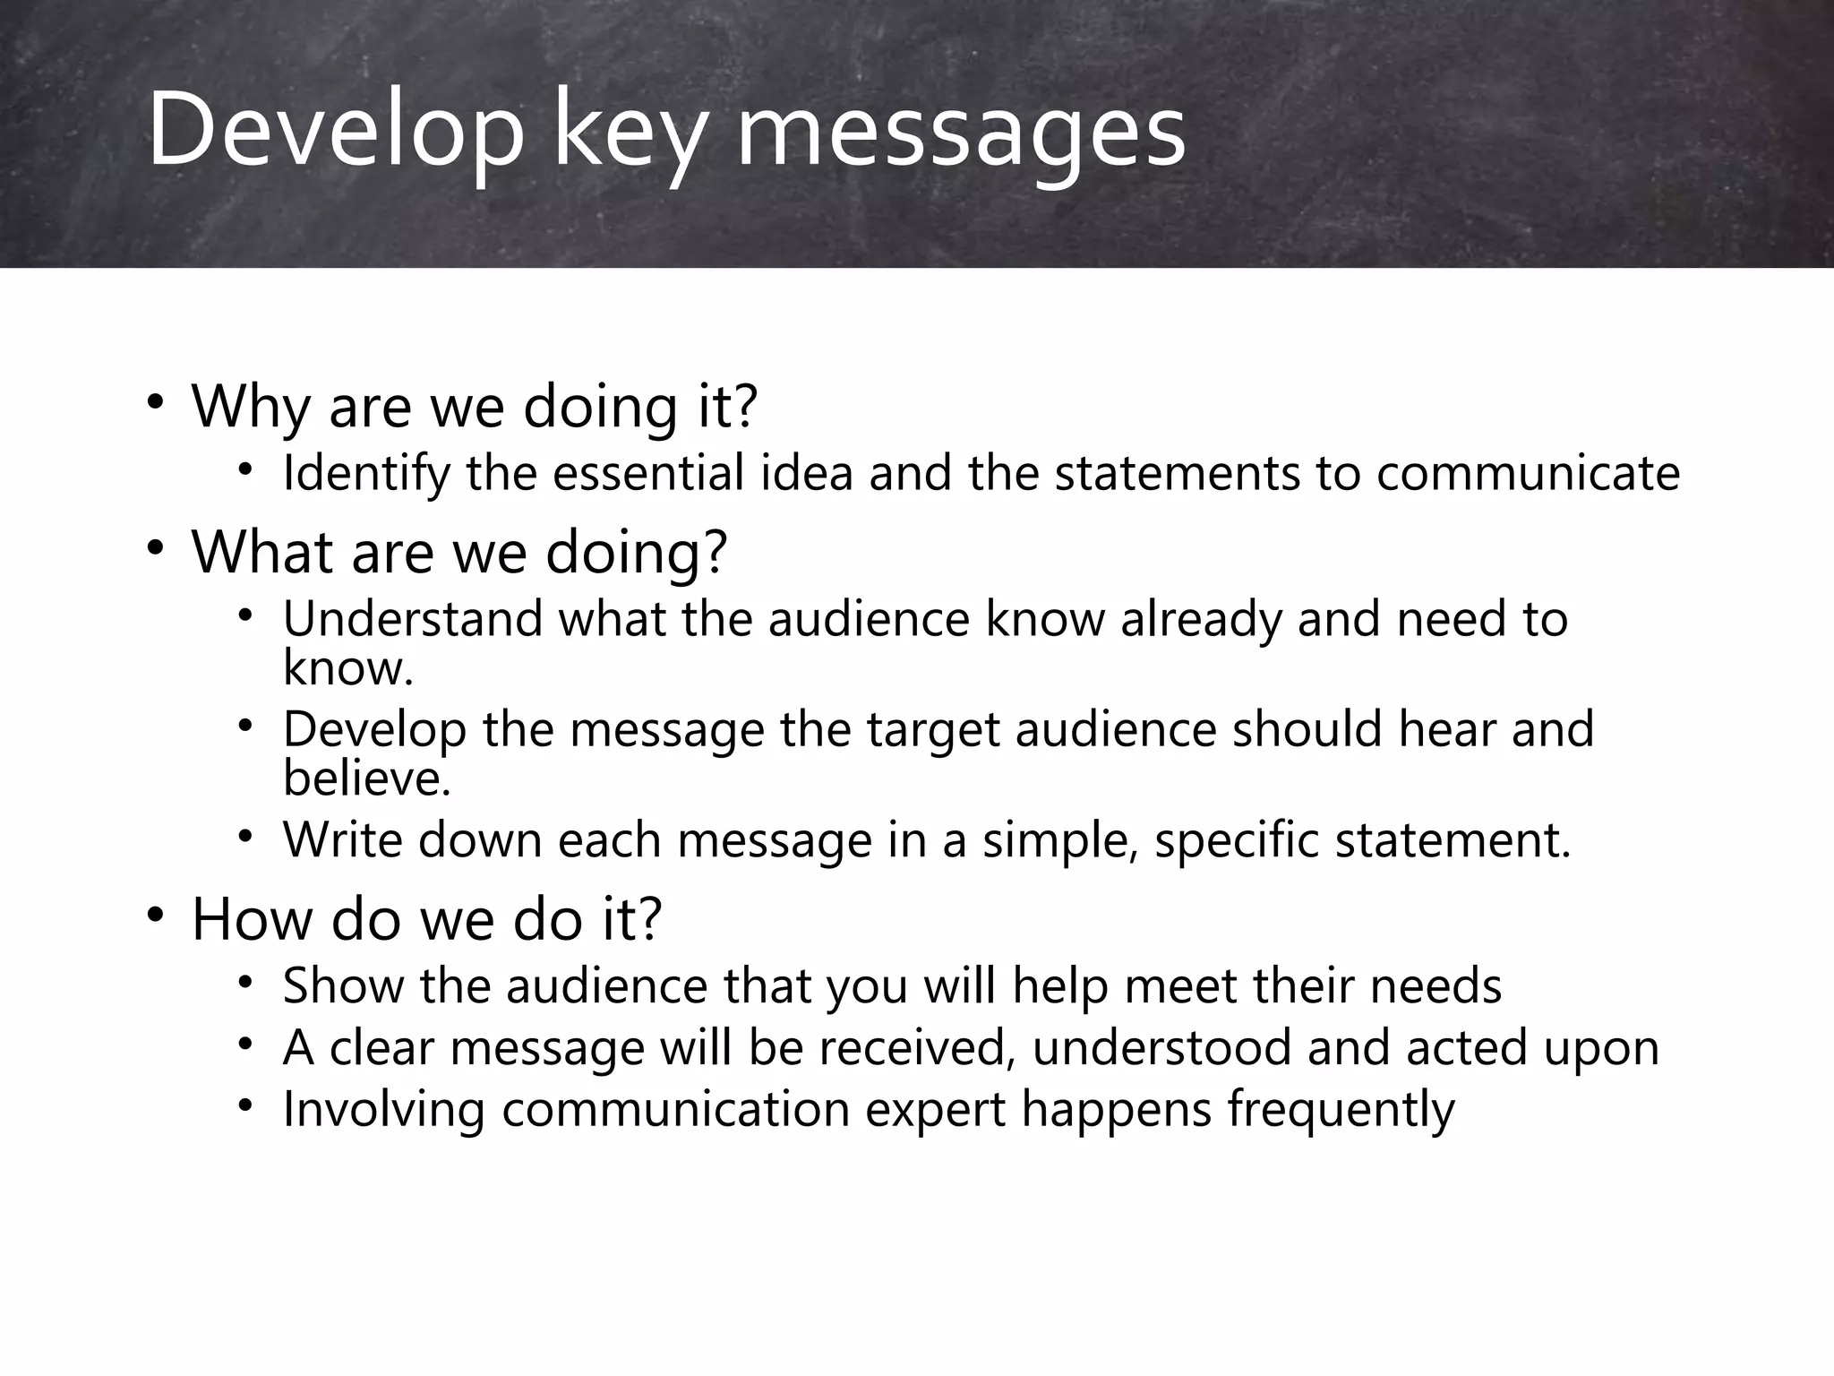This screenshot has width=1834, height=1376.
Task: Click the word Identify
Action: (x=365, y=473)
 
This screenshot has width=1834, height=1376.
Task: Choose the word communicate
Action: (x=1528, y=473)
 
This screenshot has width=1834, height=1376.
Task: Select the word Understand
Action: (x=413, y=619)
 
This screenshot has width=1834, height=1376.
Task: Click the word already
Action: (x=1201, y=619)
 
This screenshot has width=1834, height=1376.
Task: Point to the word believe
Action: (x=366, y=778)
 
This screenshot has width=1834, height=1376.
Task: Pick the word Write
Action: (x=342, y=840)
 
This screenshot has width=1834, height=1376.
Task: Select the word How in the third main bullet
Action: (x=252, y=919)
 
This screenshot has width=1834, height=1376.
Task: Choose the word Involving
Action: (x=383, y=1109)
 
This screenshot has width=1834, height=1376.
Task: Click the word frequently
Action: (x=1341, y=1109)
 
